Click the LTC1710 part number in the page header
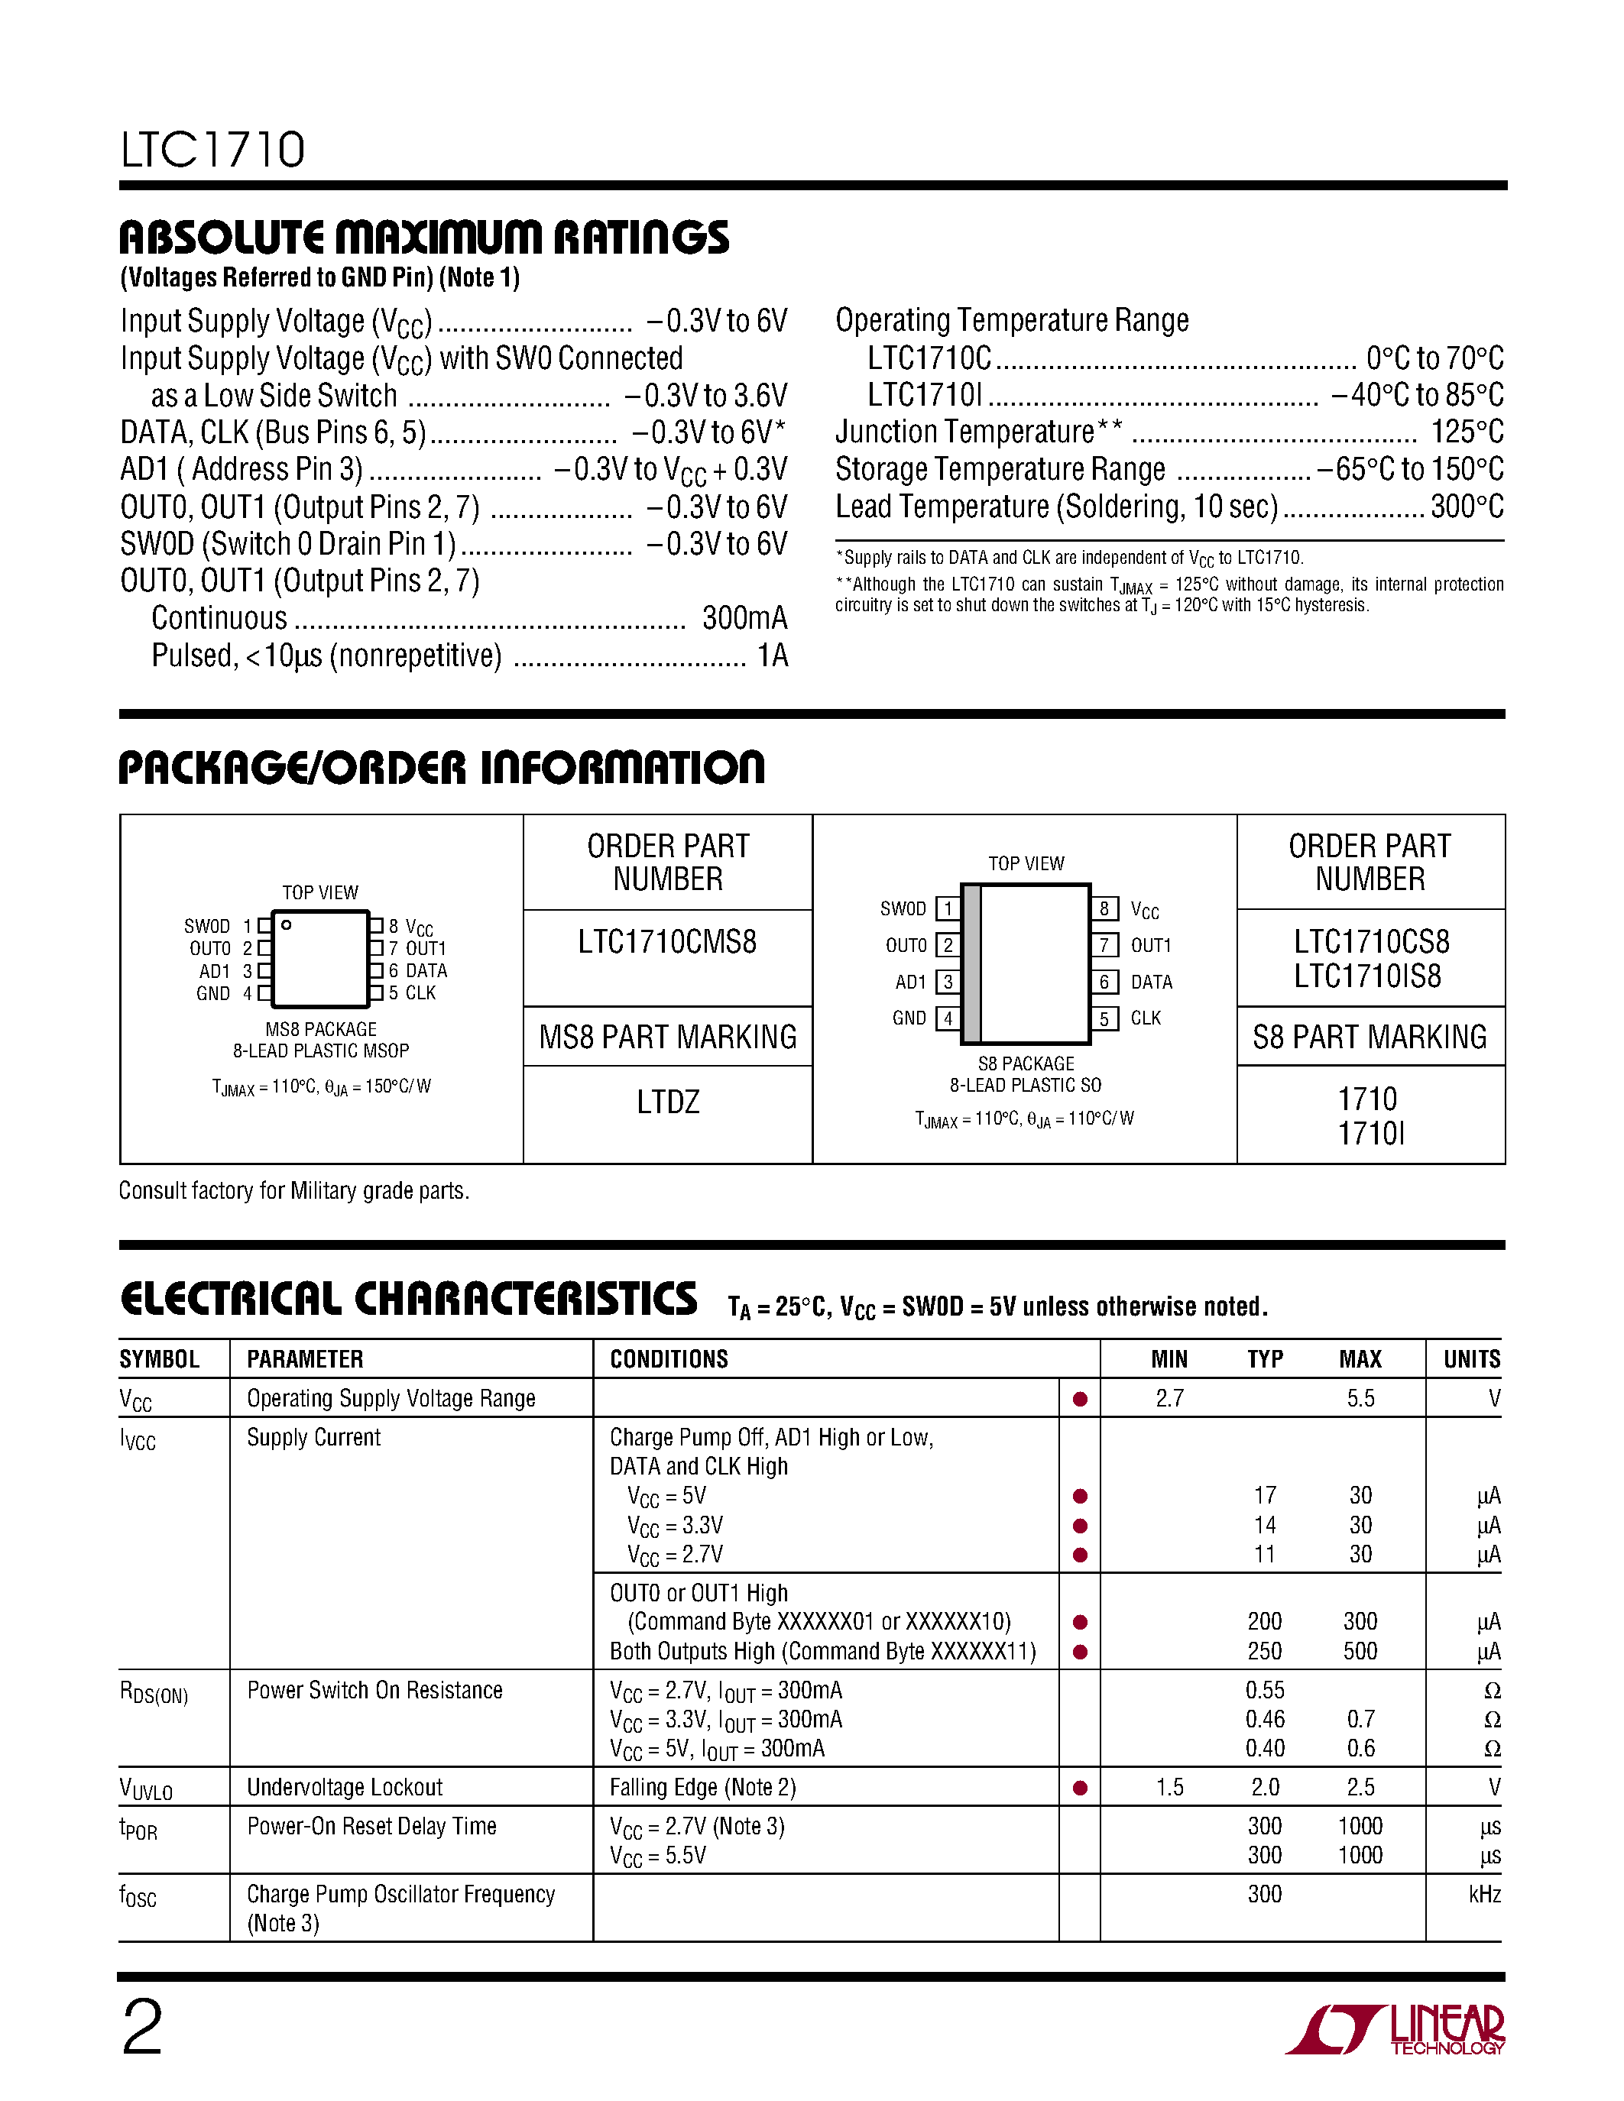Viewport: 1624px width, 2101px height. [x=212, y=150]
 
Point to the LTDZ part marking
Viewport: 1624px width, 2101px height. [x=668, y=1102]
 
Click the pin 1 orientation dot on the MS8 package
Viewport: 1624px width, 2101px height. [x=286, y=925]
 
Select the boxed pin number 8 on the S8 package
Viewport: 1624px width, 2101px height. [x=1104, y=909]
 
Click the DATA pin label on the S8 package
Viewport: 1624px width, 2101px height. [x=1151, y=983]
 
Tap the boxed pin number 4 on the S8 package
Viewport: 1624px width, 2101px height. [x=948, y=1018]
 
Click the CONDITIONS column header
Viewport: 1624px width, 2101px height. [x=669, y=1359]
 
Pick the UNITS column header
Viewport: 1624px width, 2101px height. [x=1471, y=1359]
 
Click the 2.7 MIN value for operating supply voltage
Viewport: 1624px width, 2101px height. [x=1169, y=1399]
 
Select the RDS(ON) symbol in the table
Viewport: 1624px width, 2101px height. [x=154, y=1692]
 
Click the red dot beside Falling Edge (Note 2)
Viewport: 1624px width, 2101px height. [x=1079, y=1789]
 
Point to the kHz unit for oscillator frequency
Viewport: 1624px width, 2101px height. [x=1483, y=1894]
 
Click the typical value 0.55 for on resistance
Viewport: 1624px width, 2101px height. [x=1264, y=1690]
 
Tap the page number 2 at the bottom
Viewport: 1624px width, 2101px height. [x=142, y=2027]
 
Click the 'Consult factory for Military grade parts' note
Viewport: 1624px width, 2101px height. [x=293, y=1191]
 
